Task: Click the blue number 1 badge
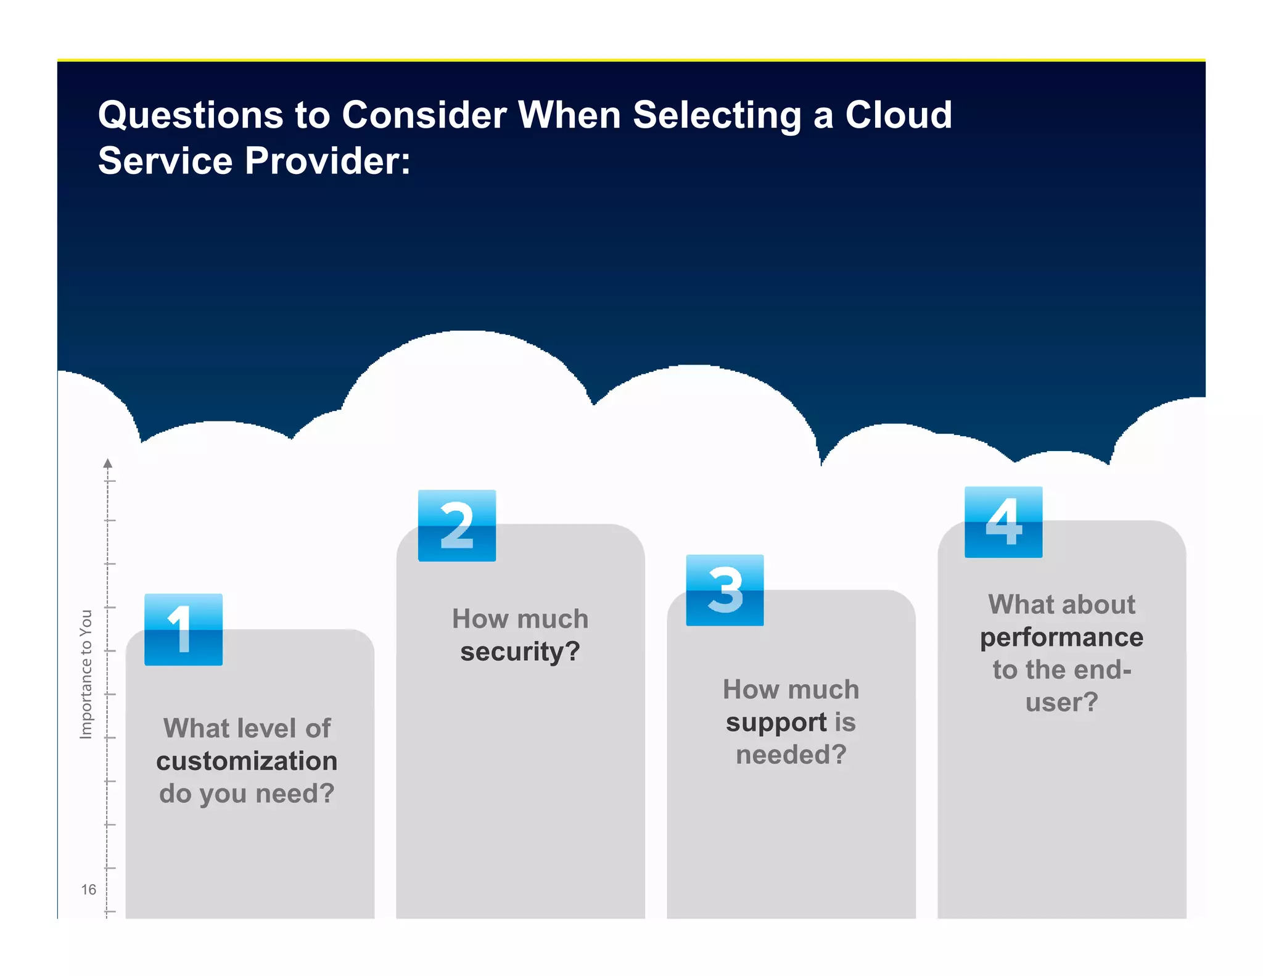pyautogui.click(x=183, y=629)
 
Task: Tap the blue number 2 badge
pyautogui.click(x=457, y=526)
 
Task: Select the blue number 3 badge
pyautogui.click(x=725, y=590)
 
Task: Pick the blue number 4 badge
pyautogui.click(x=1003, y=522)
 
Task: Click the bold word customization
pyautogui.click(x=247, y=761)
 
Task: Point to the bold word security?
pyautogui.click(x=520, y=651)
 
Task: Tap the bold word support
pyautogui.click(x=776, y=722)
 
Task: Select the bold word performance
pyautogui.click(x=1061, y=637)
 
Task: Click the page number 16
pyautogui.click(x=88, y=889)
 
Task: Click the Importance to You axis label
pyautogui.click(x=86, y=674)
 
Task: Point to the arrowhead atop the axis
pyautogui.click(x=108, y=463)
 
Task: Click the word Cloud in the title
pyautogui.click(x=898, y=115)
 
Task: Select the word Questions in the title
pyautogui.click(x=191, y=115)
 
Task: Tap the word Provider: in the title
pyautogui.click(x=327, y=161)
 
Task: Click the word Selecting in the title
pyautogui.click(x=717, y=115)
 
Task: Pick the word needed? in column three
pyautogui.click(x=791, y=755)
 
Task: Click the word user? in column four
pyautogui.click(x=1061, y=702)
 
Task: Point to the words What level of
pyautogui.click(x=247, y=728)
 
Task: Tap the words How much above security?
pyautogui.click(x=520, y=619)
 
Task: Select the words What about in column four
pyautogui.click(x=1061, y=605)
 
